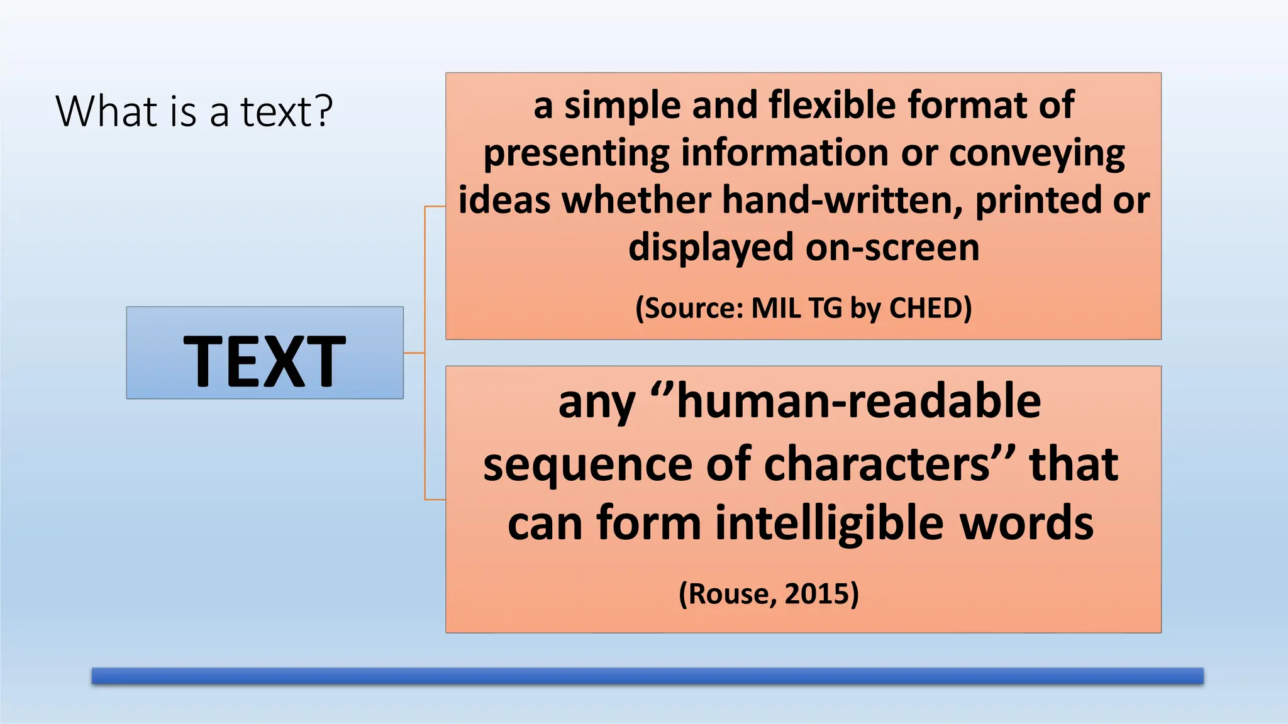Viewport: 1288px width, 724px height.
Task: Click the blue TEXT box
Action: point(265,353)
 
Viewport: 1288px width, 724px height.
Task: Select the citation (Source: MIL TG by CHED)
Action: point(803,308)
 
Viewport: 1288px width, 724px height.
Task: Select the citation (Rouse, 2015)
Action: point(769,593)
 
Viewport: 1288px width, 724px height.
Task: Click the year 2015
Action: point(814,593)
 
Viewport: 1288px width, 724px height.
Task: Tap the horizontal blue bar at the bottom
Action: point(647,676)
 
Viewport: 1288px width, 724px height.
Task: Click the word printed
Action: point(1038,200)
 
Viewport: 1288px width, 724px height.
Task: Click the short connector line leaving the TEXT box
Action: point(414,353)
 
